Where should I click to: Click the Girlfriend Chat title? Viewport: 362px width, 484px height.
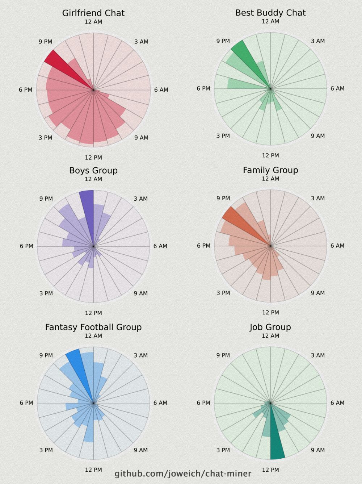point(93,13)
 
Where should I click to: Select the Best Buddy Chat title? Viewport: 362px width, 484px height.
point(270,13)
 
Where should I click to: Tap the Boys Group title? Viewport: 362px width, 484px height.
point(93,170)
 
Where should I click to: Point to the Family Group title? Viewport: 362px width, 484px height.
point(270,170)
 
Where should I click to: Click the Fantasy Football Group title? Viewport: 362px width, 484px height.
point(93,327)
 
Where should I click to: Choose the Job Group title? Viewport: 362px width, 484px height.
point(270,327)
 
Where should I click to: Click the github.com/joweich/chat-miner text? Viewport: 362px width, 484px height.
point(183,473)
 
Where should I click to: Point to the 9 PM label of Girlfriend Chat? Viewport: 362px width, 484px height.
point(46,42)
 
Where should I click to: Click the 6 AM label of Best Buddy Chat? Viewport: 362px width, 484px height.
point(337,88)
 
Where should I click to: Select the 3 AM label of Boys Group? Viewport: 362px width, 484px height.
point(141,199)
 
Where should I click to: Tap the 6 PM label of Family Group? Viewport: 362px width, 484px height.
point(203,246)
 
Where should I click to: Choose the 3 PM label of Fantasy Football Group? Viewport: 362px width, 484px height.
point(46,450)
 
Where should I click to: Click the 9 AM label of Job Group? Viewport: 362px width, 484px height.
point(318,450)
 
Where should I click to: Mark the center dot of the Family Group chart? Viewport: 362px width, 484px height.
point(270,246)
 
